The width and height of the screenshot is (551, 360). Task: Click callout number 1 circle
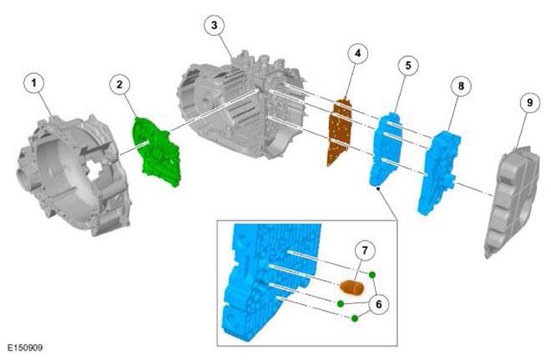pos(34,84)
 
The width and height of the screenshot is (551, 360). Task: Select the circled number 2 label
pos(120,84)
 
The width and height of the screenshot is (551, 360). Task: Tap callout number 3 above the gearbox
pos(215,25)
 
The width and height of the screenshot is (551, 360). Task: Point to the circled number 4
pos(357,53)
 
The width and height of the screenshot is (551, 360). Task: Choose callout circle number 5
pos(408,65)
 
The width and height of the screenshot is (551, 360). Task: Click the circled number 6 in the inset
pos(378,304)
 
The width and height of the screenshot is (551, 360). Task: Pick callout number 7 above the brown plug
pos(364,251)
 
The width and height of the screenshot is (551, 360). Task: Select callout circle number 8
pos(461,86)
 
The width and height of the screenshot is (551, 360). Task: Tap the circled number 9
pos(529,102)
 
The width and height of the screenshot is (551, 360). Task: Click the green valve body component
pos(157,152)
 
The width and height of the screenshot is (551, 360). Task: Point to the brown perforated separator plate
pos(339,132)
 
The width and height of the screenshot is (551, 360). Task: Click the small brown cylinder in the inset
pos(352,286)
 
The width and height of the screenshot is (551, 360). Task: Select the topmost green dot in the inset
pos(372,275)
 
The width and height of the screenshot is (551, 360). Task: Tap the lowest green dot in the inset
pos(355,318)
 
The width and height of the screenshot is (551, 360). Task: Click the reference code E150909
pos(25,348)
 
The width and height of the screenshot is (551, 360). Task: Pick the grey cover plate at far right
pos(512,201)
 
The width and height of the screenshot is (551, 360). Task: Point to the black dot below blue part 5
pos(378,189)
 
